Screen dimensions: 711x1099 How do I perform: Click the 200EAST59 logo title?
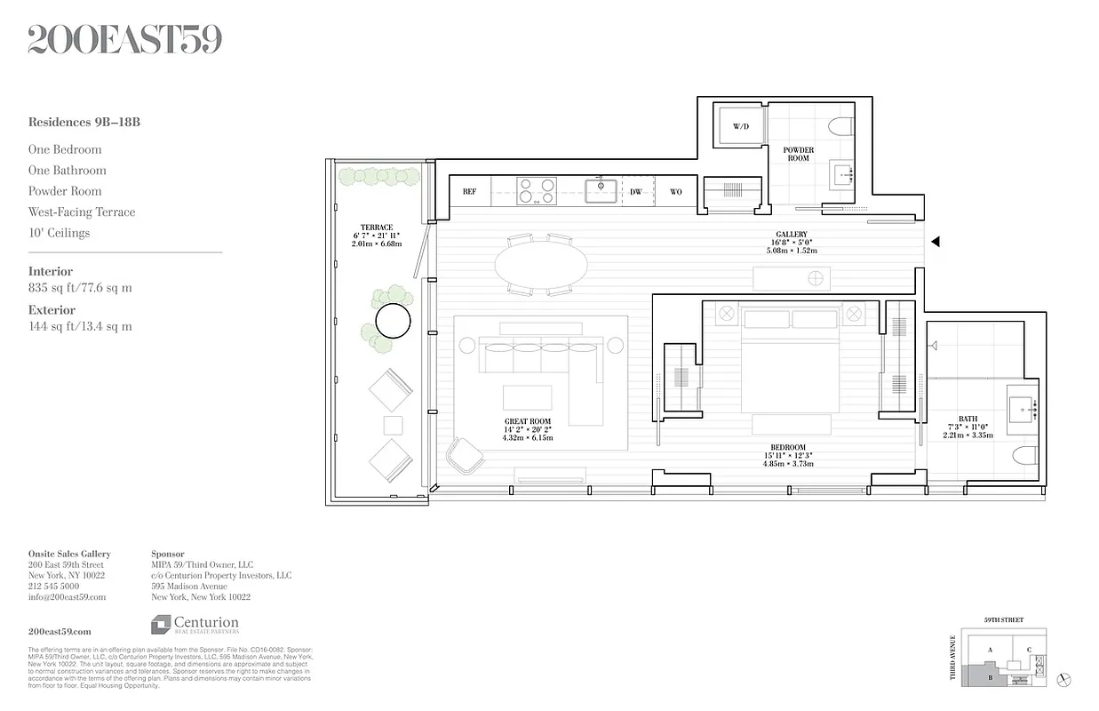pyautogui.click(x=124, y=40)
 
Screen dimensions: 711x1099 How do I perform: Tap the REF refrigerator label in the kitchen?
pyautogui.click(x=470, y=191)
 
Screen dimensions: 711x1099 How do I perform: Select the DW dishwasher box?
pyautogui.click(x=636, y=191)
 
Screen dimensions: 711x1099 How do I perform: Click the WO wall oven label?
pyautogui.click(x=676, y=191)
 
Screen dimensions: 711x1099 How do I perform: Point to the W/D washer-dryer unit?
pyautogui.click(x=740, y=127)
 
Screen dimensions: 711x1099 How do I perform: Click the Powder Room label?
pyautogui.click(x=798, y=154)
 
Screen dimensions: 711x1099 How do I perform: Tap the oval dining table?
pyautogui.click(x=540, y=265)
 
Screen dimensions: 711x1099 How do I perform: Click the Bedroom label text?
pyautogui.click(x=788, y=447)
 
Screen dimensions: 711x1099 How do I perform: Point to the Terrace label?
pyautogui.click(x=377, y=228)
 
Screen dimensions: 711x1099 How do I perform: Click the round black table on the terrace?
pyautogui.click(x=393, y=321)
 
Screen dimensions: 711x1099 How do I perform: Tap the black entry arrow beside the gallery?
pyautogui.click(x=935, y=241)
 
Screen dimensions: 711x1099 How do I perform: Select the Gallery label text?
pyautogui.click(x=791, y=235)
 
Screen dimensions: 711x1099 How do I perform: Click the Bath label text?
pyautogui.click(x=968, y=419)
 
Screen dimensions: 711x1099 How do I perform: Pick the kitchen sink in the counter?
pyautogui.click(x=601, y=190)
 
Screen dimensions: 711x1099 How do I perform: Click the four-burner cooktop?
pyautogui.click(x=537, y=191)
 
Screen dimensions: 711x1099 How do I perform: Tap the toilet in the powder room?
pyautogui.click(x=840, y=125)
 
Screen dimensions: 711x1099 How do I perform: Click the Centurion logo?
pyautogui.click(x=195, y=625)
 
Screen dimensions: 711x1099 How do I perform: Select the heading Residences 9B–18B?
pyautogui.click(x=84, y=122)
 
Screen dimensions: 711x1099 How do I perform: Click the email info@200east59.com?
pyautogui.click(x=67, y=597)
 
